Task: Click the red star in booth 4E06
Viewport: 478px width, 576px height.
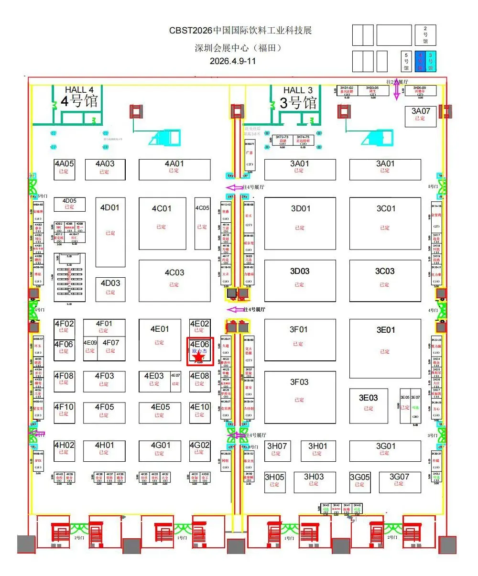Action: (x=199, y=358)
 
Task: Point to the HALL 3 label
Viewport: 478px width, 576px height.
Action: (x=298, y=90)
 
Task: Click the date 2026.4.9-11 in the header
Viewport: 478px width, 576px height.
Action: (x=233, y=61)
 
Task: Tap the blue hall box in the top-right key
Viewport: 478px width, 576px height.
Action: (x=420, y=61)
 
